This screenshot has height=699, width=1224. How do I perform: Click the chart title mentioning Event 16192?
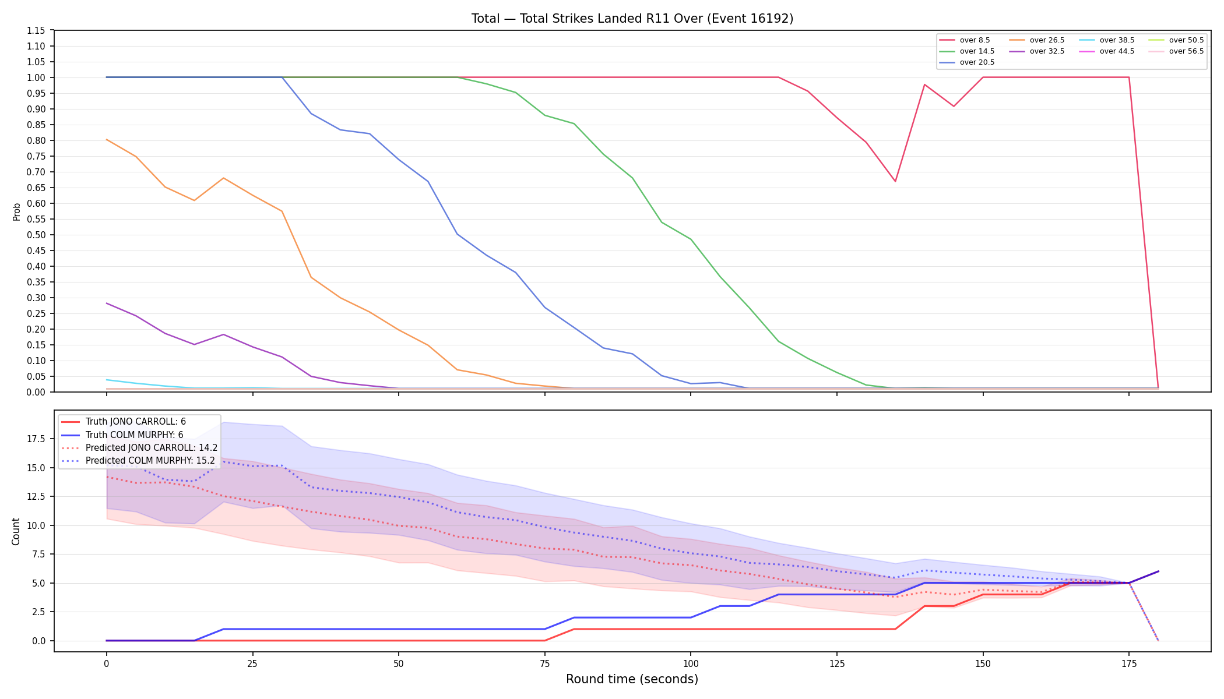(632, 19)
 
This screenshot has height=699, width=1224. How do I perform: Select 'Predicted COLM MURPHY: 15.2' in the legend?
(138, 461)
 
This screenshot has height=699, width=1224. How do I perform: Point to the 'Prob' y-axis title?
(17, 211)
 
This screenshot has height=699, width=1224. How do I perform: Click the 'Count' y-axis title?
(16, 531)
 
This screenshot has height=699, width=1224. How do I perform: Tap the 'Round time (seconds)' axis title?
(632, 679)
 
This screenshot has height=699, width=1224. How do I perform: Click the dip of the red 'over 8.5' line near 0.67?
(895, 181)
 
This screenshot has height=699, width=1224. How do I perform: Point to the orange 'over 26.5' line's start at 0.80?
(107, 140)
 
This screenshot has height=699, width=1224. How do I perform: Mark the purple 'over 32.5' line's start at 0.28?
(107, 303)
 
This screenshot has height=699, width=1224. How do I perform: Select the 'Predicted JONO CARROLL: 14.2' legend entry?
(139, 448)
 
